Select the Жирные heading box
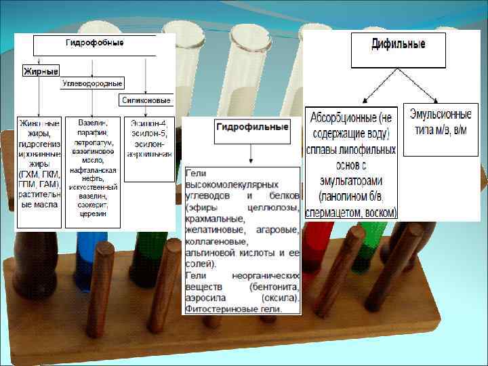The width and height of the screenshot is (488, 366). click(x=41, y=70)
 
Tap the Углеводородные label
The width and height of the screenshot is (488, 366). click(x=92, y=83)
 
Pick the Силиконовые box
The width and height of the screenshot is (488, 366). click(x=146, y=100)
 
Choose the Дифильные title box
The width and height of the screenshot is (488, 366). click(x=398, y=48)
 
